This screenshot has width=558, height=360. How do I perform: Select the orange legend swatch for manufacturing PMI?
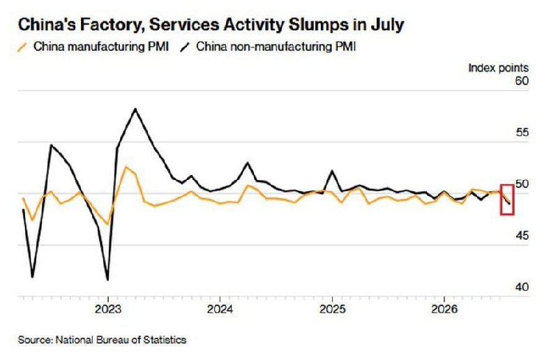(22, 47)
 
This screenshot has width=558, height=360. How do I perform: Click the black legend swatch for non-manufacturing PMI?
(185, 47)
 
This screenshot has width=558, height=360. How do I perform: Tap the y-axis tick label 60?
(522, 81)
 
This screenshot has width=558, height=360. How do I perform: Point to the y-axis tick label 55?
(522, 133)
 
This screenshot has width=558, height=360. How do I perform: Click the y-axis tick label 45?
(522, 235)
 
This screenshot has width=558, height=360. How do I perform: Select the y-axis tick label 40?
(522, 287)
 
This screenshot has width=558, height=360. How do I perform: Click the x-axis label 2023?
(108, 309)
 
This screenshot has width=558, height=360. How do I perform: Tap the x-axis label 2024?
(220, 309)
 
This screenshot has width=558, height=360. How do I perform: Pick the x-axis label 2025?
(332, 309)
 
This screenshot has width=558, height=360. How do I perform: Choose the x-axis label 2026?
(444, 309)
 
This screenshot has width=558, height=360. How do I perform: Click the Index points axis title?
(498, 68)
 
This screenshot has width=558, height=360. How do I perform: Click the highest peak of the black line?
(135, 109)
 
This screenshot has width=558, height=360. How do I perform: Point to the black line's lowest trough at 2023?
(107, 280)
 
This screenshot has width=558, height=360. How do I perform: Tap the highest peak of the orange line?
(125, 167)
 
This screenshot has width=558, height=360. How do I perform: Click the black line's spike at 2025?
(332, 171)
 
